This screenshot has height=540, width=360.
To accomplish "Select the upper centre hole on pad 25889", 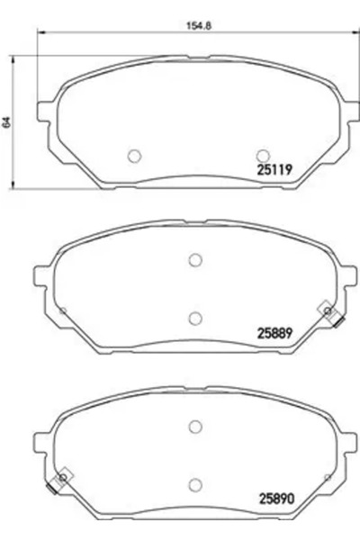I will point(195,260).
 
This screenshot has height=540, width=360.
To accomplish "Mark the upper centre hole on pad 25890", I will point(195,427).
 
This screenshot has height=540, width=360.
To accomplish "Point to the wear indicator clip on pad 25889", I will point(330,314).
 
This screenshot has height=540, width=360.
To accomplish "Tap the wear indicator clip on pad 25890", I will point(61,481).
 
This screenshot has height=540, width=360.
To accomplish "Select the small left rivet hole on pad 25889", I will point(62,311).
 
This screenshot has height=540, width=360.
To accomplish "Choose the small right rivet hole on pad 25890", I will point(329,476).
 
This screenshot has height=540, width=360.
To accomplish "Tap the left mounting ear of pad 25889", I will point(42,274).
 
